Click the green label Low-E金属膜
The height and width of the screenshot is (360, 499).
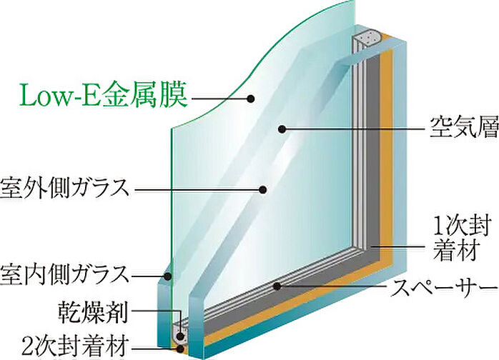click(104, 95)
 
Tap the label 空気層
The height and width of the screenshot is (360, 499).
click(464, 127)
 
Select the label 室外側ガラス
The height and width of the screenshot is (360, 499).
click(64, 189)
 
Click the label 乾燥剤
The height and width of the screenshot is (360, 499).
click(93, 312)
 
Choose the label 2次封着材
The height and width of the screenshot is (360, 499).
click(76, 346)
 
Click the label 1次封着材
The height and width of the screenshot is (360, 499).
click(457, 238)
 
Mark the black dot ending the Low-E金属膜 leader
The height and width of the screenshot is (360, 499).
click(251, 99)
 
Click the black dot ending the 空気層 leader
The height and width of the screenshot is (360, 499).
click(282, 129)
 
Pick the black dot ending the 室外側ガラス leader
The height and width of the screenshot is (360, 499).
click(262, 190)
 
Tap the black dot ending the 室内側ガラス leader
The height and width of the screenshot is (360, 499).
click(168, 276)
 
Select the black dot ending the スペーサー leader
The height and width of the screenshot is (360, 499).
click(277, 286)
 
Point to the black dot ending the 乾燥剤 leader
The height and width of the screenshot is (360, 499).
click(181, 336)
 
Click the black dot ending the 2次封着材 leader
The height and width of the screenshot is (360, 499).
click(181, 349)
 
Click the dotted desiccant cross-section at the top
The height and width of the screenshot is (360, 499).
click(369, 36)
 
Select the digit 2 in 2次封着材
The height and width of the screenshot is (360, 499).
click(29, 346)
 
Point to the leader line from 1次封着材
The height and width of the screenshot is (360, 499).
click(399, 246)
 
